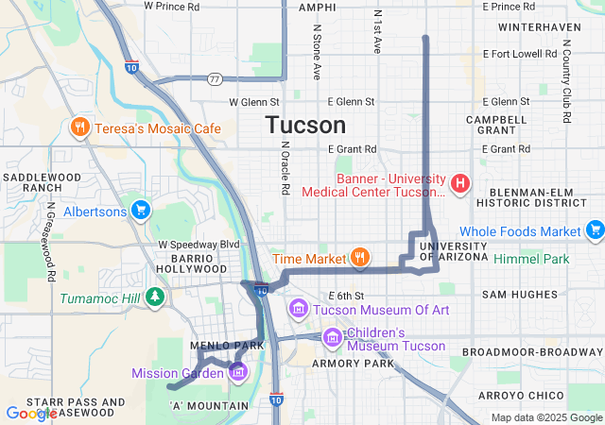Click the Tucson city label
point(305,125)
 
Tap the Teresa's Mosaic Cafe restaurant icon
point(80,127)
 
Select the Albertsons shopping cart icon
point(141,210)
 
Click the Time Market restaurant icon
point(359,257)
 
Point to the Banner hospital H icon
point(460,183)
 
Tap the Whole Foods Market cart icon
point(595,229)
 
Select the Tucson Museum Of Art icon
point(299,308)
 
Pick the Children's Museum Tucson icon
point(332,337)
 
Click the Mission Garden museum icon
point(237,371)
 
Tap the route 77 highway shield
point(216,78)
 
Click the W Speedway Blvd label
point(199,244)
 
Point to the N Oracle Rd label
point(284,169)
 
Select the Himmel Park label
point(538,259)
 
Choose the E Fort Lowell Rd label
point(520,53)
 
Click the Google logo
point(31,413)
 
